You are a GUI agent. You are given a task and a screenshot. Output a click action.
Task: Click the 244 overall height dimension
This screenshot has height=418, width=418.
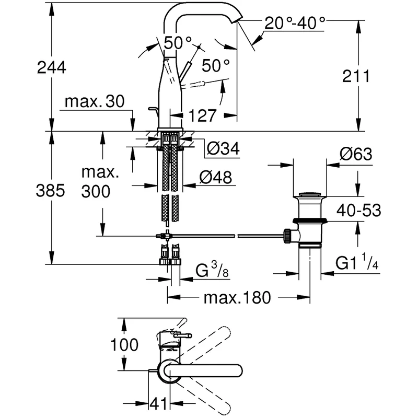click(x=51, y=67)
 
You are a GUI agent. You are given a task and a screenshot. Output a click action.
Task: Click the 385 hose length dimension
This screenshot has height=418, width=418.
click(x=51, y=191)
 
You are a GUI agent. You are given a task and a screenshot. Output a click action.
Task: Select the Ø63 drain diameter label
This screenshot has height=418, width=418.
click(x=356, y=154)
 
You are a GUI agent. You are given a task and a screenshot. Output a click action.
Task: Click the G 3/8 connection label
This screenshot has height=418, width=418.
click(x=212, y=272)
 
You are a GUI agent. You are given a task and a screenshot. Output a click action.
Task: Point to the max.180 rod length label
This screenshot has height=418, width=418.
click(x=238, y=298)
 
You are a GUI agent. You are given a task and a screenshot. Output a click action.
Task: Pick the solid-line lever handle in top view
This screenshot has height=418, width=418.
click(x=209, y=370)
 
